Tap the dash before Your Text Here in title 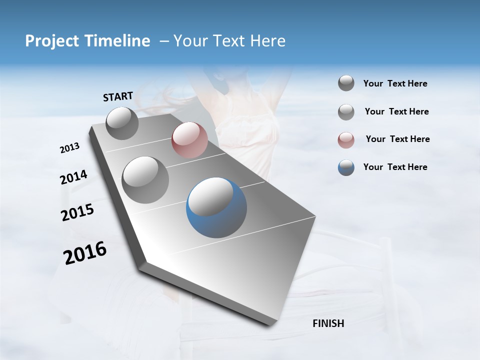click(x=164, y=41)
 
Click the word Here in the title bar click(x=267, y=41)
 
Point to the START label click(x=118, y=96)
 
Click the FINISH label click(x=328, y=323)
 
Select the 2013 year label click(x=69, y=148)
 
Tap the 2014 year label click(x=73, y=177)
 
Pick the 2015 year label click(x=77, y=213)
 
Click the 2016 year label click(x=85, y=253)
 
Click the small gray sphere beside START click(x=122, y=123)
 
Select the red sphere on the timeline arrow click(x=189, y=140)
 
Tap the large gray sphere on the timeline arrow click(x=145, y=179)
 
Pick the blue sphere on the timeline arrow click(x=216, y=207)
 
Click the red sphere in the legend click(x=346, y=140)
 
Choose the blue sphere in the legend click(x=346, y=167)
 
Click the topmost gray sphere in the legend click(x=346, y=83)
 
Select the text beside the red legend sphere click(x=397, y=139)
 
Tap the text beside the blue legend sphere click(x=395, y=167)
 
